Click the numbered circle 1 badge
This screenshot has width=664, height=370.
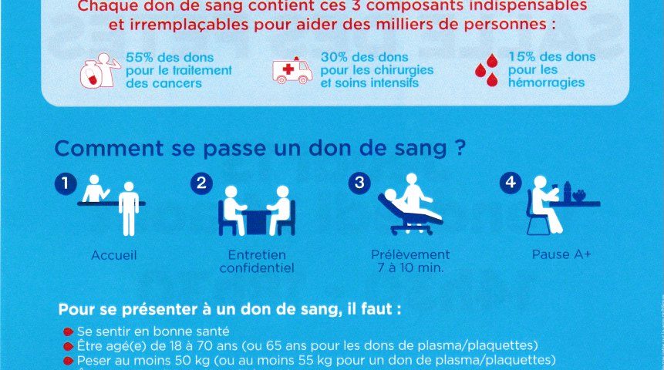pyautogui.click(x=66, y=183)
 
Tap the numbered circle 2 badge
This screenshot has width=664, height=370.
pyautogui.click(x=201, y=183)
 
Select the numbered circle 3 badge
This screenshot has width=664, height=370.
pyautogui.click(x=359, y=183)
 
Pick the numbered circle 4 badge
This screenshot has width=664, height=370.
pyautogui.click(x=511, y=183)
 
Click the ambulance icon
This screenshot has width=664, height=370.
pyautogui.click(x=292, y=70)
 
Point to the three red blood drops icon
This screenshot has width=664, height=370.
pyautogui.click(x=487, y=70)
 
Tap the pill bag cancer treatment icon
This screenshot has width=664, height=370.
pyautogui.click(x=100, y=70)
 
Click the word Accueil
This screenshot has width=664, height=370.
pyautogui.click(x=114, y=255)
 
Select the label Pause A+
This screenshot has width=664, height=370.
pyautogui.click(x=561, y=254)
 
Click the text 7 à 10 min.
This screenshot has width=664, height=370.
pyautogui.click(x=410, y=268)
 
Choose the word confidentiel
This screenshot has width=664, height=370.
pyautogui.click(x=257, y=268)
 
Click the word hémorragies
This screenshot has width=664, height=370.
pyautogui.click(x=546, y=82)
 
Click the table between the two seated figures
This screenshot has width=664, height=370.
pyautogui.click(x=257, y=221)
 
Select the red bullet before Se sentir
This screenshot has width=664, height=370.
pyautogui.click(x=68, y=331)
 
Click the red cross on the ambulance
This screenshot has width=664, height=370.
pyautogui.click(x=288, y=69)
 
